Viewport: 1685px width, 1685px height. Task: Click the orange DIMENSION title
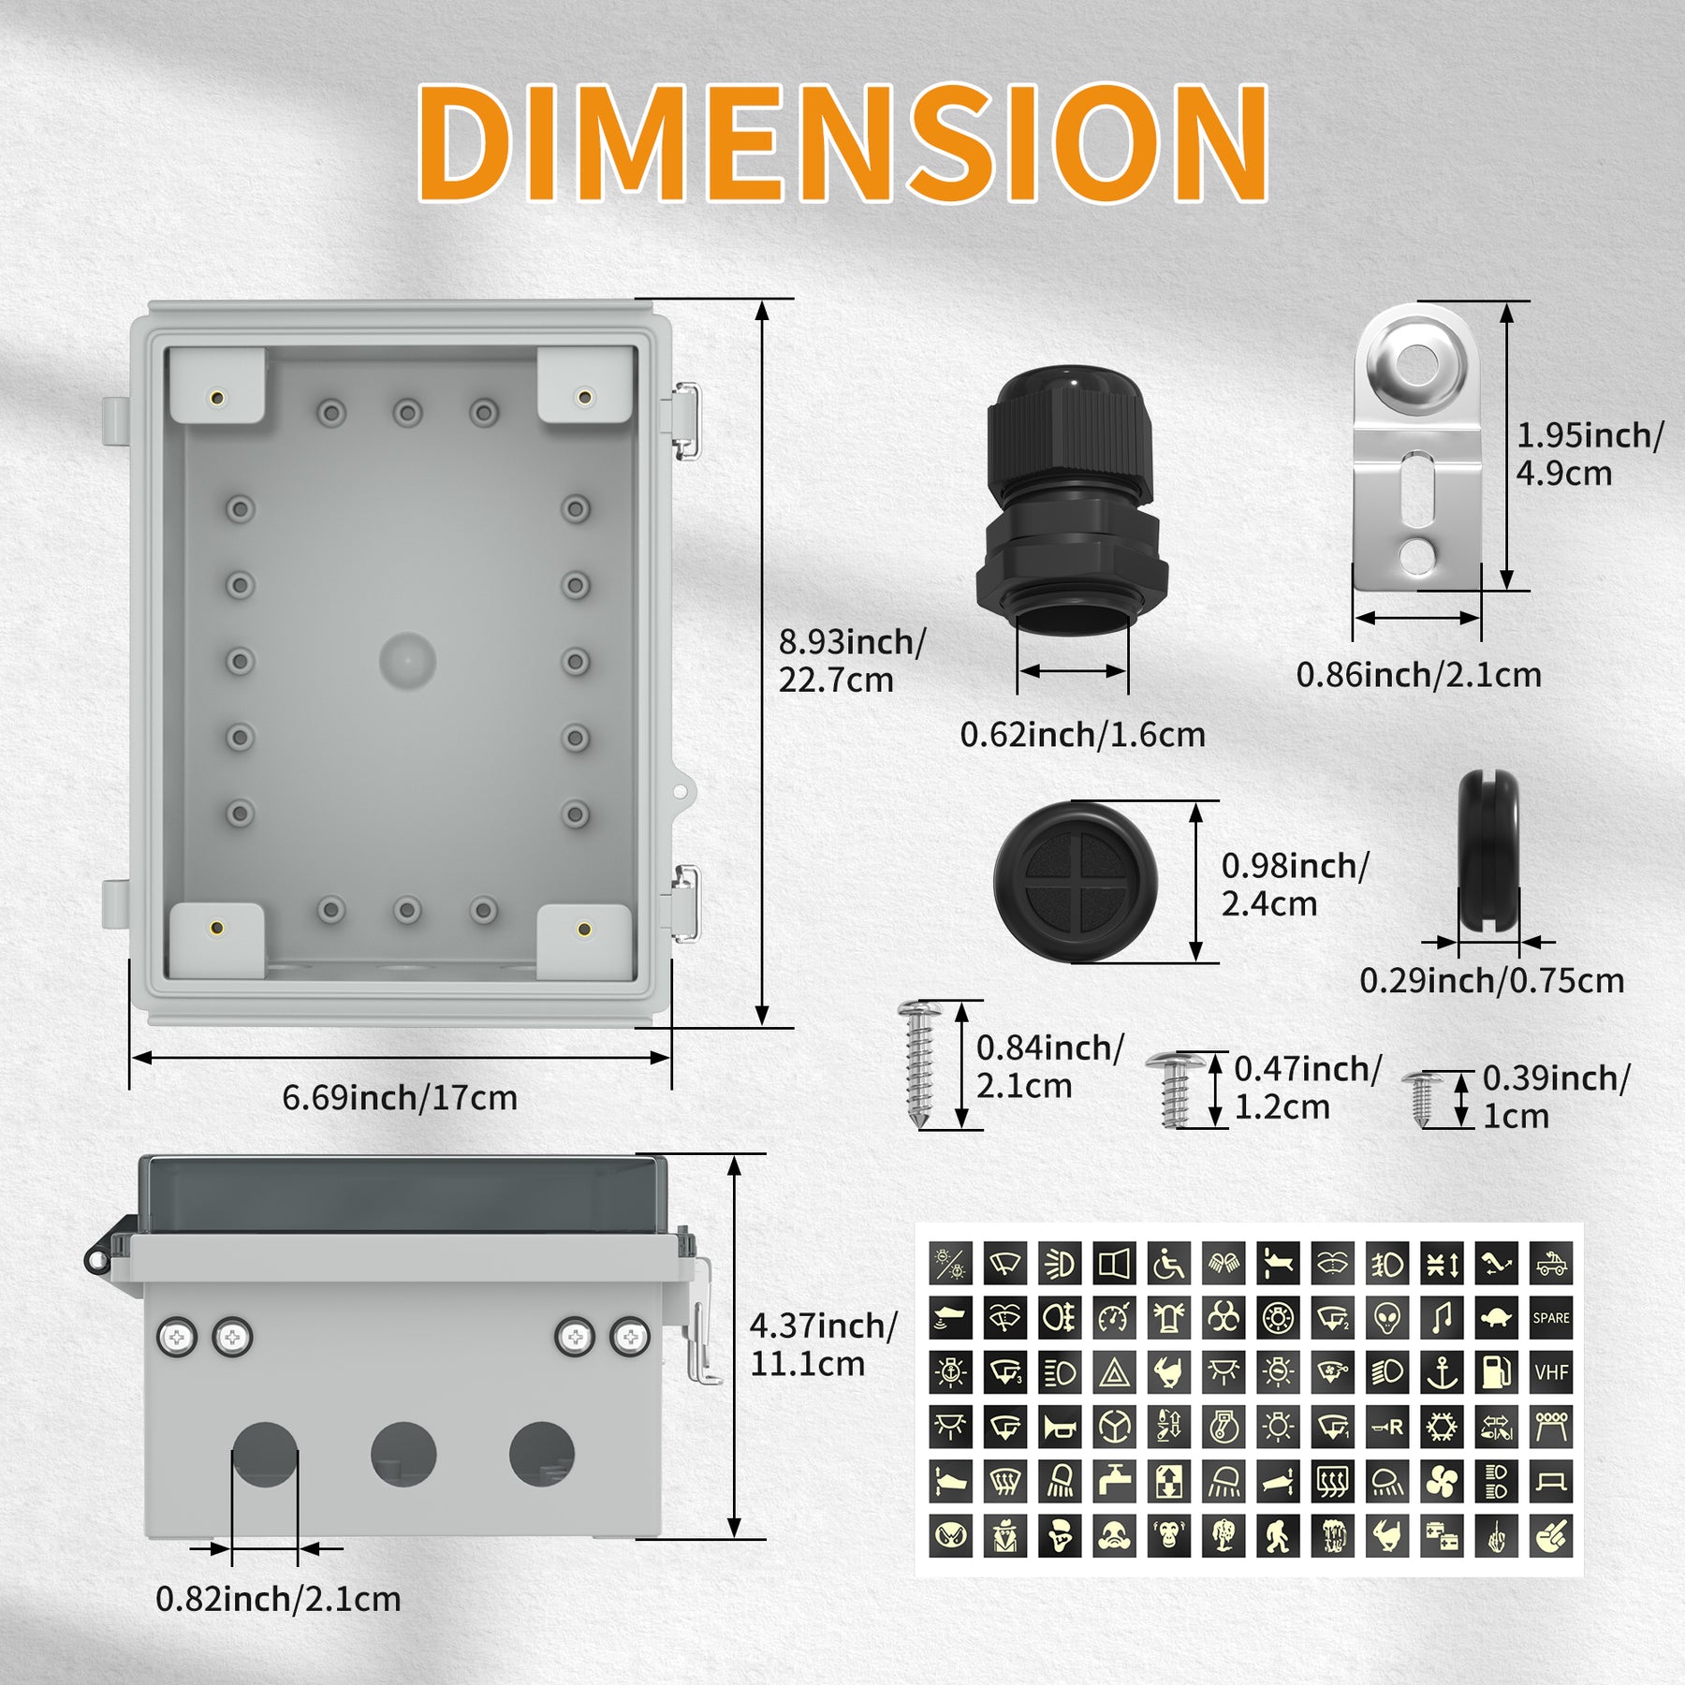842,142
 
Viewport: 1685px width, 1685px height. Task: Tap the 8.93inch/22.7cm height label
851,661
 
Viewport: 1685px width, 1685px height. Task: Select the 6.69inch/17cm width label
400,1097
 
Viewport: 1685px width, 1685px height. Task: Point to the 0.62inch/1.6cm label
1082,735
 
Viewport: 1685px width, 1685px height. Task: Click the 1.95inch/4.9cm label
1589,454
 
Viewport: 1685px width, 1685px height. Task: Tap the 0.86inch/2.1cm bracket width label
1418,675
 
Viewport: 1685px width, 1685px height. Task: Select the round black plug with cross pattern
1076,882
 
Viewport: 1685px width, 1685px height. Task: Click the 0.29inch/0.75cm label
1491,981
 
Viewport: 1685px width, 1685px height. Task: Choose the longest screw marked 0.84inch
919,1062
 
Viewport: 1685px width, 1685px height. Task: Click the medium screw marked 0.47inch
1174,1088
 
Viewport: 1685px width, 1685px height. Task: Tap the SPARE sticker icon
1551,1318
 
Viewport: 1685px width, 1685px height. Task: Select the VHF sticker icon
1551,1372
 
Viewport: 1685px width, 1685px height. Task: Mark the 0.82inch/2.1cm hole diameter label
278,1599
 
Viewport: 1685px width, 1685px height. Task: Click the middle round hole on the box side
403,1454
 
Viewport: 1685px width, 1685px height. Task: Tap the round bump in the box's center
407,660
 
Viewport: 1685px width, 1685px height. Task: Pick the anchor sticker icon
1442,1372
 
